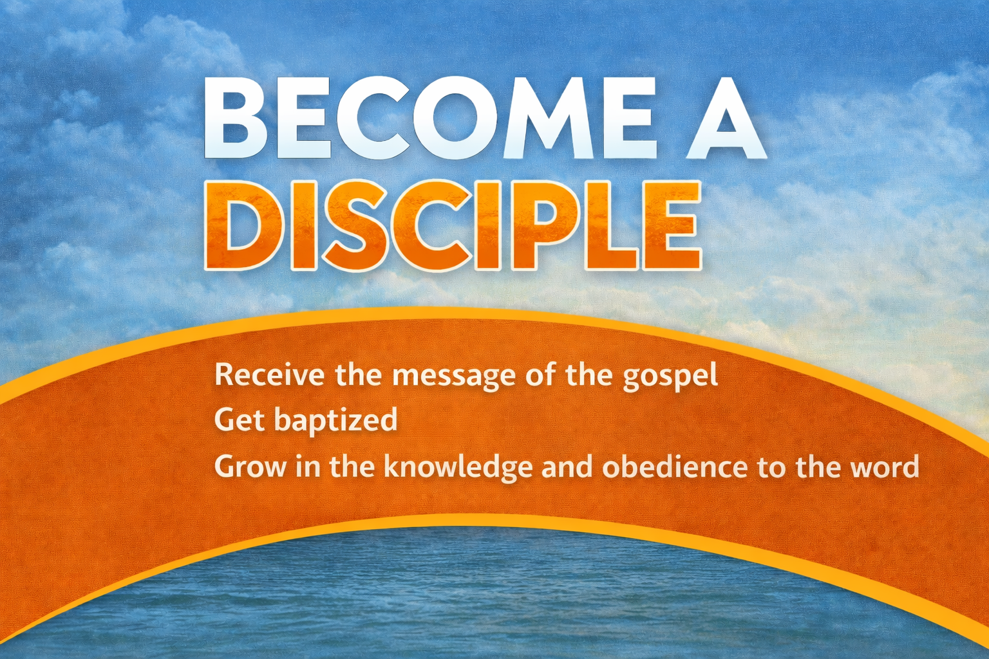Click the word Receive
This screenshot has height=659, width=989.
point(270,375)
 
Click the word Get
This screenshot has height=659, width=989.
point(240,420)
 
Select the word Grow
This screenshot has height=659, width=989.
point(250,467)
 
